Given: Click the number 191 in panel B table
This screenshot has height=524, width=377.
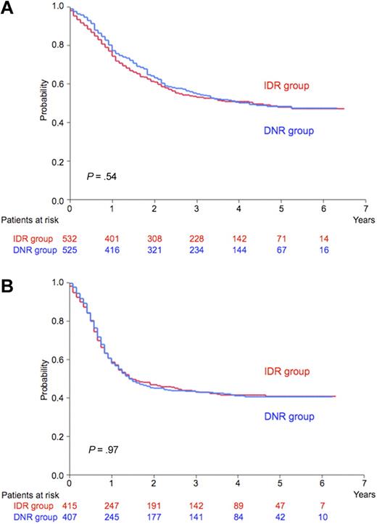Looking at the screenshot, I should click(154, 505).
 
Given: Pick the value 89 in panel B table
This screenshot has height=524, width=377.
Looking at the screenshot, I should click(239, 505).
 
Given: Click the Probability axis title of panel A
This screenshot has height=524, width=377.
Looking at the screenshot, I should click(45, 102).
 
